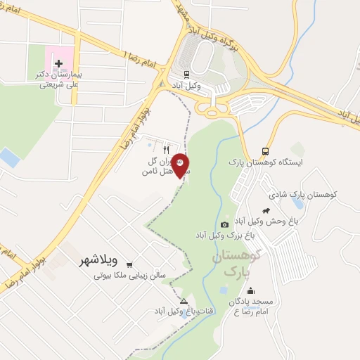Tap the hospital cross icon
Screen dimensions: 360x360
coord(58,63)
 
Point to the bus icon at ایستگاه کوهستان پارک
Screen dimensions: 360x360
coord(265,150)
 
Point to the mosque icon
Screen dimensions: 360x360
coord(251,291)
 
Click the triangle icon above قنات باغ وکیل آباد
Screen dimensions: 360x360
coord(184,300)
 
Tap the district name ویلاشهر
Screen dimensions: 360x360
coord(92,262)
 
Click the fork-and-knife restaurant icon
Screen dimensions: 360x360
coord(167,149)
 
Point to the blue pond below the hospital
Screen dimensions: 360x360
coord(9,157)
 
